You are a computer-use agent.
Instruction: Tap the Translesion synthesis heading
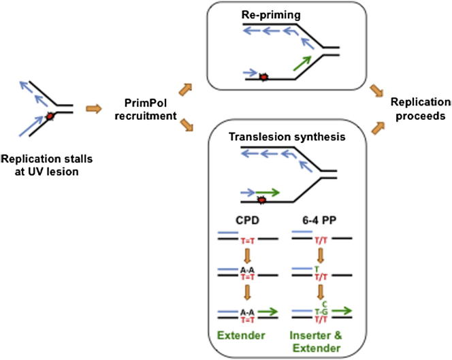pos(288,136)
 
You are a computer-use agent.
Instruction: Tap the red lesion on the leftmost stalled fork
pos(50,117)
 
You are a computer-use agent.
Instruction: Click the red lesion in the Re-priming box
pos(262,78)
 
